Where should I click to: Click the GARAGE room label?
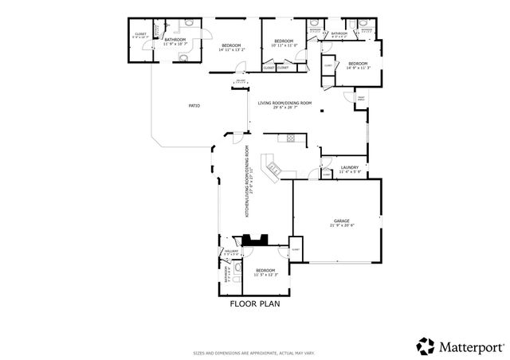coord(341,221)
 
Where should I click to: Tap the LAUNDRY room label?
coord(351,167)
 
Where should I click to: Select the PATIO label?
coord(193,105)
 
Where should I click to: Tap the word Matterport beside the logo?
coord(471,346)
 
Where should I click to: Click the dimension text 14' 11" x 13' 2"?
coord(233,49)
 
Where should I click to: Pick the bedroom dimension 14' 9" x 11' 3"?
coord(358,68)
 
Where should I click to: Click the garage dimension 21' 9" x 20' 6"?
coord(341,225)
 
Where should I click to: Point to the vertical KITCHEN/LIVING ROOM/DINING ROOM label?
coord(248,182)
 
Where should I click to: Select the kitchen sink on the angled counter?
coord(273,169)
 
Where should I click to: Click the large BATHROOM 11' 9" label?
coord(175,40)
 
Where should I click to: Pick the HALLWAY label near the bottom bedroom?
coord(231,251)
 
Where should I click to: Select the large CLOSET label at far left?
coord(139,34)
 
